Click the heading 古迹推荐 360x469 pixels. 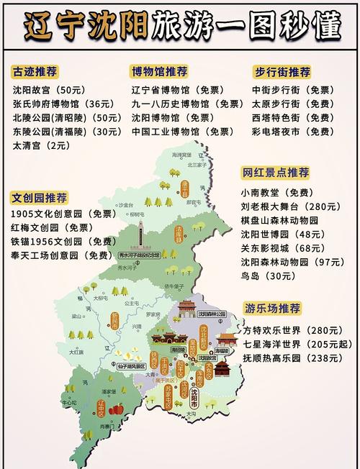point(35,72)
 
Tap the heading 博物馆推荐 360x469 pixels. point(159,72)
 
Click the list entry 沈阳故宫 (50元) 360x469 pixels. point(48,91)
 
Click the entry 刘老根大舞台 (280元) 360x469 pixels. point(291,206)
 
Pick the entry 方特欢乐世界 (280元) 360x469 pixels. point(291,330)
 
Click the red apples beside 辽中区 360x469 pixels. point(119,408)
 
